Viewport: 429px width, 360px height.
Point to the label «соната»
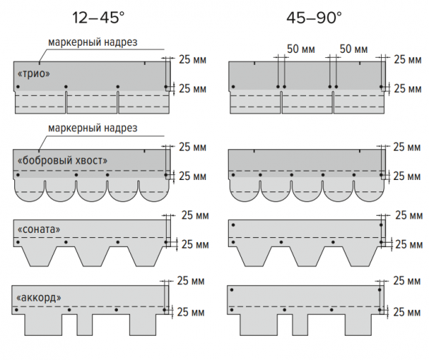(35, 229)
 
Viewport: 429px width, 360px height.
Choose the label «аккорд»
(35, 296)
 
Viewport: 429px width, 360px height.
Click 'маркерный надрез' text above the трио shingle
(92, 42)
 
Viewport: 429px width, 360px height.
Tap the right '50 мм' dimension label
(353, 49)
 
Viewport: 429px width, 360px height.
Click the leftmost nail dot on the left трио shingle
(15, 88)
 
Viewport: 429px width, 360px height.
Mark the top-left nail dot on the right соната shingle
(230, 226)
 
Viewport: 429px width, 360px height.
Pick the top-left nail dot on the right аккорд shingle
(230, 291)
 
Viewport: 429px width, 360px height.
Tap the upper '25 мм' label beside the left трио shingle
(193, 60)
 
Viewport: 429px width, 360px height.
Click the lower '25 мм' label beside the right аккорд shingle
(407, 312)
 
